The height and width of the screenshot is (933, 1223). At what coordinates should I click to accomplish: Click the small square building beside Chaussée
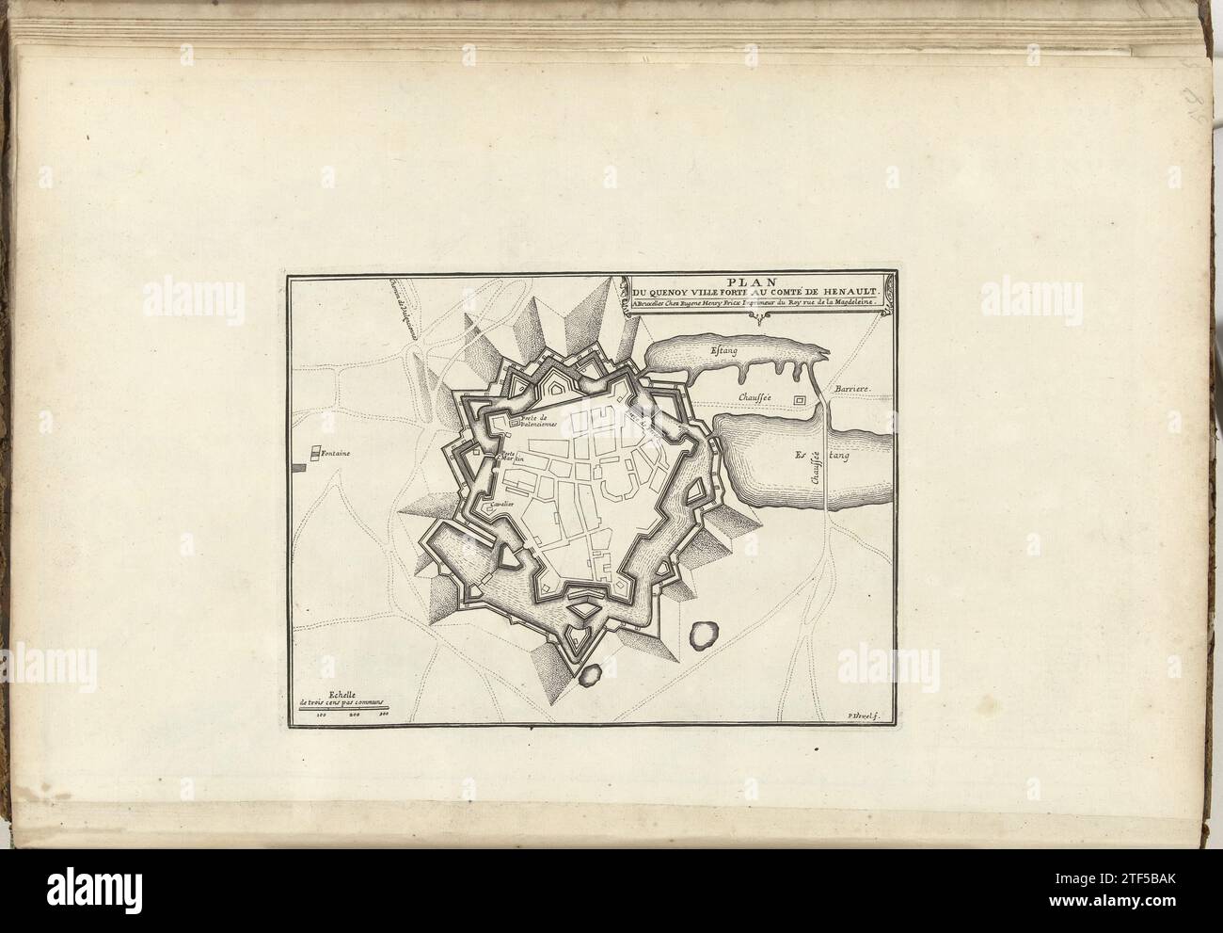800,400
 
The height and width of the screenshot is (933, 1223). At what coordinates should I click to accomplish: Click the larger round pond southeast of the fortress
704,635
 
